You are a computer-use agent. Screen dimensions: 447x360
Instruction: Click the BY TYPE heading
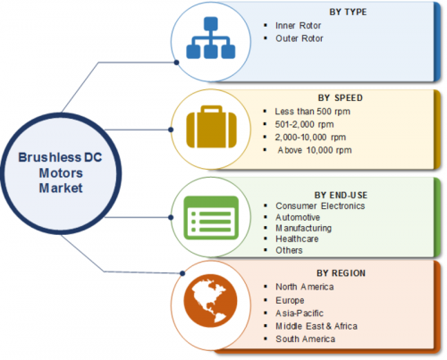click(348, 12)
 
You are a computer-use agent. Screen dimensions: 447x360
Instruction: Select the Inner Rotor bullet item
click(298, 26)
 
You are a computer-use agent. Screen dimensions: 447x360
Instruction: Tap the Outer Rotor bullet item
click(299, 38)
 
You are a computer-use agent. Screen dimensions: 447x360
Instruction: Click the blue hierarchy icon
click(211, 38)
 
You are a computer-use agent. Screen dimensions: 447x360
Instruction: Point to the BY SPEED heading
click(341, 97)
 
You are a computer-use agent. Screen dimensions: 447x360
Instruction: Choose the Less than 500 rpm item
click(312, 112)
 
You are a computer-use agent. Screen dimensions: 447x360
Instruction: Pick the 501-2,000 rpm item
click(304, 124)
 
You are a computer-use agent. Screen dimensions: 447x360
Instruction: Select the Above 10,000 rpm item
click(315, 150)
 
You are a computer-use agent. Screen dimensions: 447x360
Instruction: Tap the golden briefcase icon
click(211, 127)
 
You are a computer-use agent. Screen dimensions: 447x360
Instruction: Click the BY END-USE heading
click(341, 195)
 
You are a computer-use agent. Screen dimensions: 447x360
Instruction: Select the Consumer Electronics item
click(320, 205)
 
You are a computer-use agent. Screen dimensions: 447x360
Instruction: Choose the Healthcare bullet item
click(297, 239)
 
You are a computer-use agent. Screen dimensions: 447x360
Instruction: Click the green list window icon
click(211, 218)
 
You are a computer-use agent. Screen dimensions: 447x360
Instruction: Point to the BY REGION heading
click(341, 273)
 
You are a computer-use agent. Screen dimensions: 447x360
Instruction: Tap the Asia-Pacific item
click(299, 314)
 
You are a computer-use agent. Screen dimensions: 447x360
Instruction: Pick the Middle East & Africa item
click(316, 326)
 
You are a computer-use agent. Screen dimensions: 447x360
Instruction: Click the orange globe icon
click(211, 301)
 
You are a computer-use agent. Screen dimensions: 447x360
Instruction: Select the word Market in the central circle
click(61, 188)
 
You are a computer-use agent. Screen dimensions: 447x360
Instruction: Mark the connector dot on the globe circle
click(182, 273)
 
